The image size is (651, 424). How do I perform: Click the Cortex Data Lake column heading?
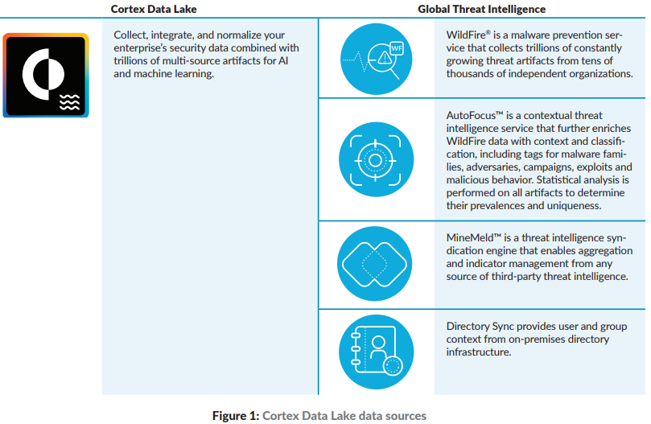click(x=154, y=9)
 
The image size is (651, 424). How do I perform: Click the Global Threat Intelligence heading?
click(x=481, y=9)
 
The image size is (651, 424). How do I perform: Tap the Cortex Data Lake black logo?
click(x=46, y=75)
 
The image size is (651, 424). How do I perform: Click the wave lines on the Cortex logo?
click(x=69, y=102)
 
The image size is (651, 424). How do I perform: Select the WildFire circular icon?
click(x=376, y=59)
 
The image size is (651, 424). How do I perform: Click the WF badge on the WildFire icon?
click(x=397, y=48)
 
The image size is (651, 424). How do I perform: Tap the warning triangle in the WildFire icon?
click(x=385, y=58)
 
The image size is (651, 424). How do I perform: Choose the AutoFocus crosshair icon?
click(x=376, y=159)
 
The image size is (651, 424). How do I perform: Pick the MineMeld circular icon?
click(x=374, y=264)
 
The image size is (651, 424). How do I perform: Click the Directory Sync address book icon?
click(x=376, y=352)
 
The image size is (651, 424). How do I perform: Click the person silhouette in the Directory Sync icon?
click(x=378, y=348)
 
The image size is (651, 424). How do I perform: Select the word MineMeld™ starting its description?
click(x=473, y=238)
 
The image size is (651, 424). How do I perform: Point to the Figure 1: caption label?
click(x=236, y=416)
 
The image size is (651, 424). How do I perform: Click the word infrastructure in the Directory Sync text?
click(x=478, y=352)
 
